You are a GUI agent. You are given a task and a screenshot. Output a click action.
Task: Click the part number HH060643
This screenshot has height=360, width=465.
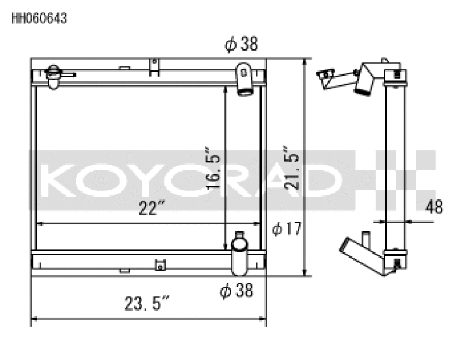[x=40, y=18]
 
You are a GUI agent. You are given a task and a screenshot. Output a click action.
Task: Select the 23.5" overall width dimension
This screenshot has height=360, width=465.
[x=148, y=303]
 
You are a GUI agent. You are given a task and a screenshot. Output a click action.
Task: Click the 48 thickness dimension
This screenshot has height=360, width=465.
[x=434, y=206]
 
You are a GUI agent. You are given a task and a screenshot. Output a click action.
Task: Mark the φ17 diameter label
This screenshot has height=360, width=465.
[x=287, y=229]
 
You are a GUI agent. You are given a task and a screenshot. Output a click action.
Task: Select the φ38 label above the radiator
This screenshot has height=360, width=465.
[x=241, y=44]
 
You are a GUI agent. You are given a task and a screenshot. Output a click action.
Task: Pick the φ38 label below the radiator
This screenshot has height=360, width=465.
[x=237, y=290]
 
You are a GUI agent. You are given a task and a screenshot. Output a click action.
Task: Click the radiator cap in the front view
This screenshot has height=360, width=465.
[x=54, y=76]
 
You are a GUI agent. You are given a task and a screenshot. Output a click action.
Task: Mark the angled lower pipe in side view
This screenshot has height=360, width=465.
[x=360, y=255]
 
